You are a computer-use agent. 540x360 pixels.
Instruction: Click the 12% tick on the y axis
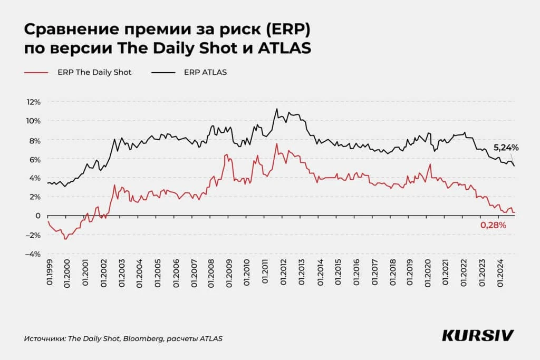click(x=33, y=102)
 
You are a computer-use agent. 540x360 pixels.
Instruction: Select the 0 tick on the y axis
click(x=37, y=216)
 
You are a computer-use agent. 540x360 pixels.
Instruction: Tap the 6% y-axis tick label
click(x=34, y=159)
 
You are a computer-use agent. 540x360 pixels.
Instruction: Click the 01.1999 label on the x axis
click(x=49, y=274)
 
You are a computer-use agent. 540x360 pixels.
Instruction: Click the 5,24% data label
click(x=506, y=148)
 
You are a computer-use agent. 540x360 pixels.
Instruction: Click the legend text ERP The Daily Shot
click(x=94, y=72)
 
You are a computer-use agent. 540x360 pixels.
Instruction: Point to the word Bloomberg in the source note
click(x=142, y=338)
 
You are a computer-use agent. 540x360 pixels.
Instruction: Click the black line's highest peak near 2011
click(x=276, y=109)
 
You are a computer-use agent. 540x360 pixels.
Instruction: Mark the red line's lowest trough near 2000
click(x=65, y=239)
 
